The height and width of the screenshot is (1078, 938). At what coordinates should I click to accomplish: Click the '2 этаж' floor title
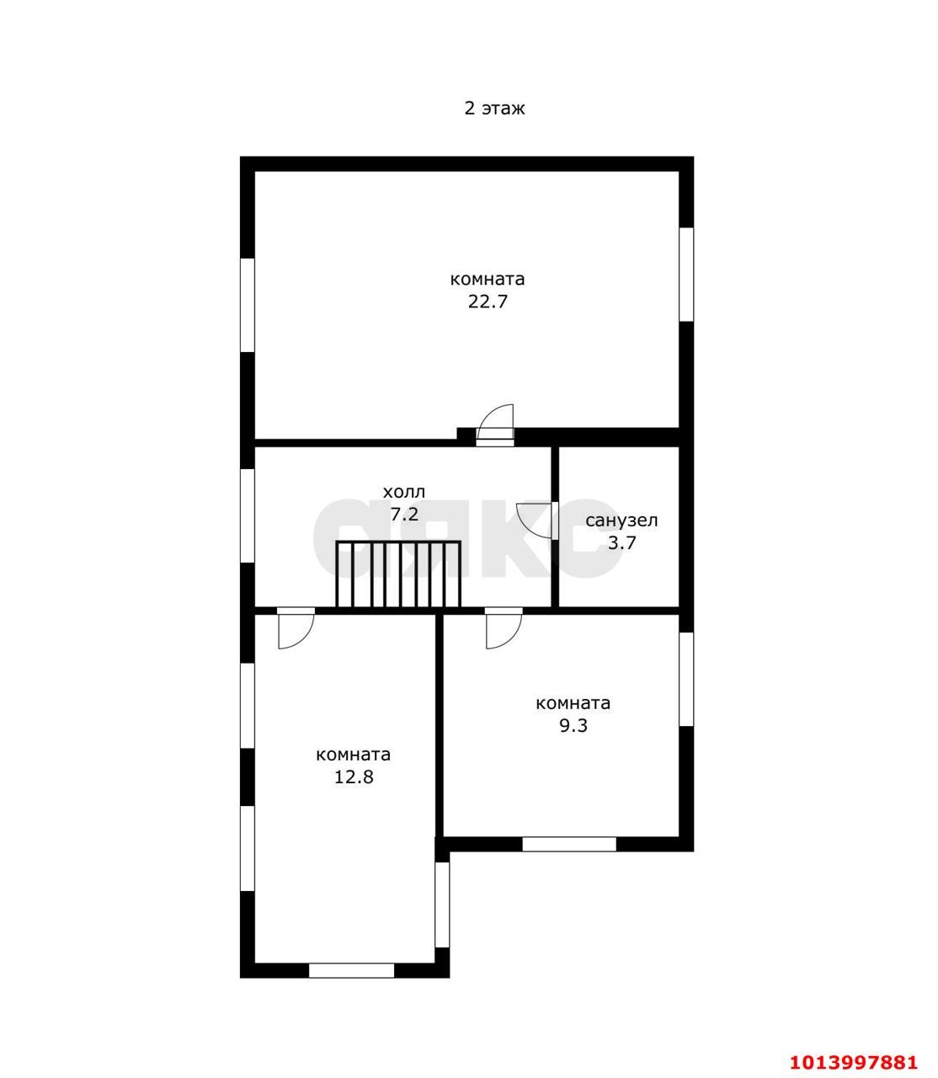click(494, 109)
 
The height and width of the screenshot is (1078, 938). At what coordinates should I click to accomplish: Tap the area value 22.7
click(488, 302)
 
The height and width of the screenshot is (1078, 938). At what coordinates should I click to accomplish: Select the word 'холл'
click(403, 492)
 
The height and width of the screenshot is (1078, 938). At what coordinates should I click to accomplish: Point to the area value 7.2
click(404, 514)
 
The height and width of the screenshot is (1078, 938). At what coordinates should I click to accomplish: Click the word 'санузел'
click(621, 520)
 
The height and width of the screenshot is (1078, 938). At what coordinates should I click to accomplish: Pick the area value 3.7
click(622, 542)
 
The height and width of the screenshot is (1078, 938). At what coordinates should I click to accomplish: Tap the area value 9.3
click(573, 725)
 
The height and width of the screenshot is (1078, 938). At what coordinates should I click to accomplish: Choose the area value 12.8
click(354, 777)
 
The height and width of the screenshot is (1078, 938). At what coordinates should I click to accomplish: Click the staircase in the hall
click(398, 574)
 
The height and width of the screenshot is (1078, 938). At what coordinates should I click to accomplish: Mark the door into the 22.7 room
click(495, 425)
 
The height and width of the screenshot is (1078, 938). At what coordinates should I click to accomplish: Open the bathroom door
click(538, 520)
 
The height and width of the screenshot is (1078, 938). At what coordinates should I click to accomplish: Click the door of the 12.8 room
click(296, 628)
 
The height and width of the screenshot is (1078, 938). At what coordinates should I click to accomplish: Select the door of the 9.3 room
click(504, 628)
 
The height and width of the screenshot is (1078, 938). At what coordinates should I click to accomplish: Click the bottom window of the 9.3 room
click(569, 844)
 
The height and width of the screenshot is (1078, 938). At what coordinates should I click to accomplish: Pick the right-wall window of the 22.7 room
click(686, 274)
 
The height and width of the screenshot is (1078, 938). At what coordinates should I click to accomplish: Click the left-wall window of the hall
click(248, 515)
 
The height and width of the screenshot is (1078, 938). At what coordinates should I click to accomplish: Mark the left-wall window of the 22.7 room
click(248, 305)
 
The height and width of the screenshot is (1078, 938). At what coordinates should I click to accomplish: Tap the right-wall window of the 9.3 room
click(686, 679)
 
